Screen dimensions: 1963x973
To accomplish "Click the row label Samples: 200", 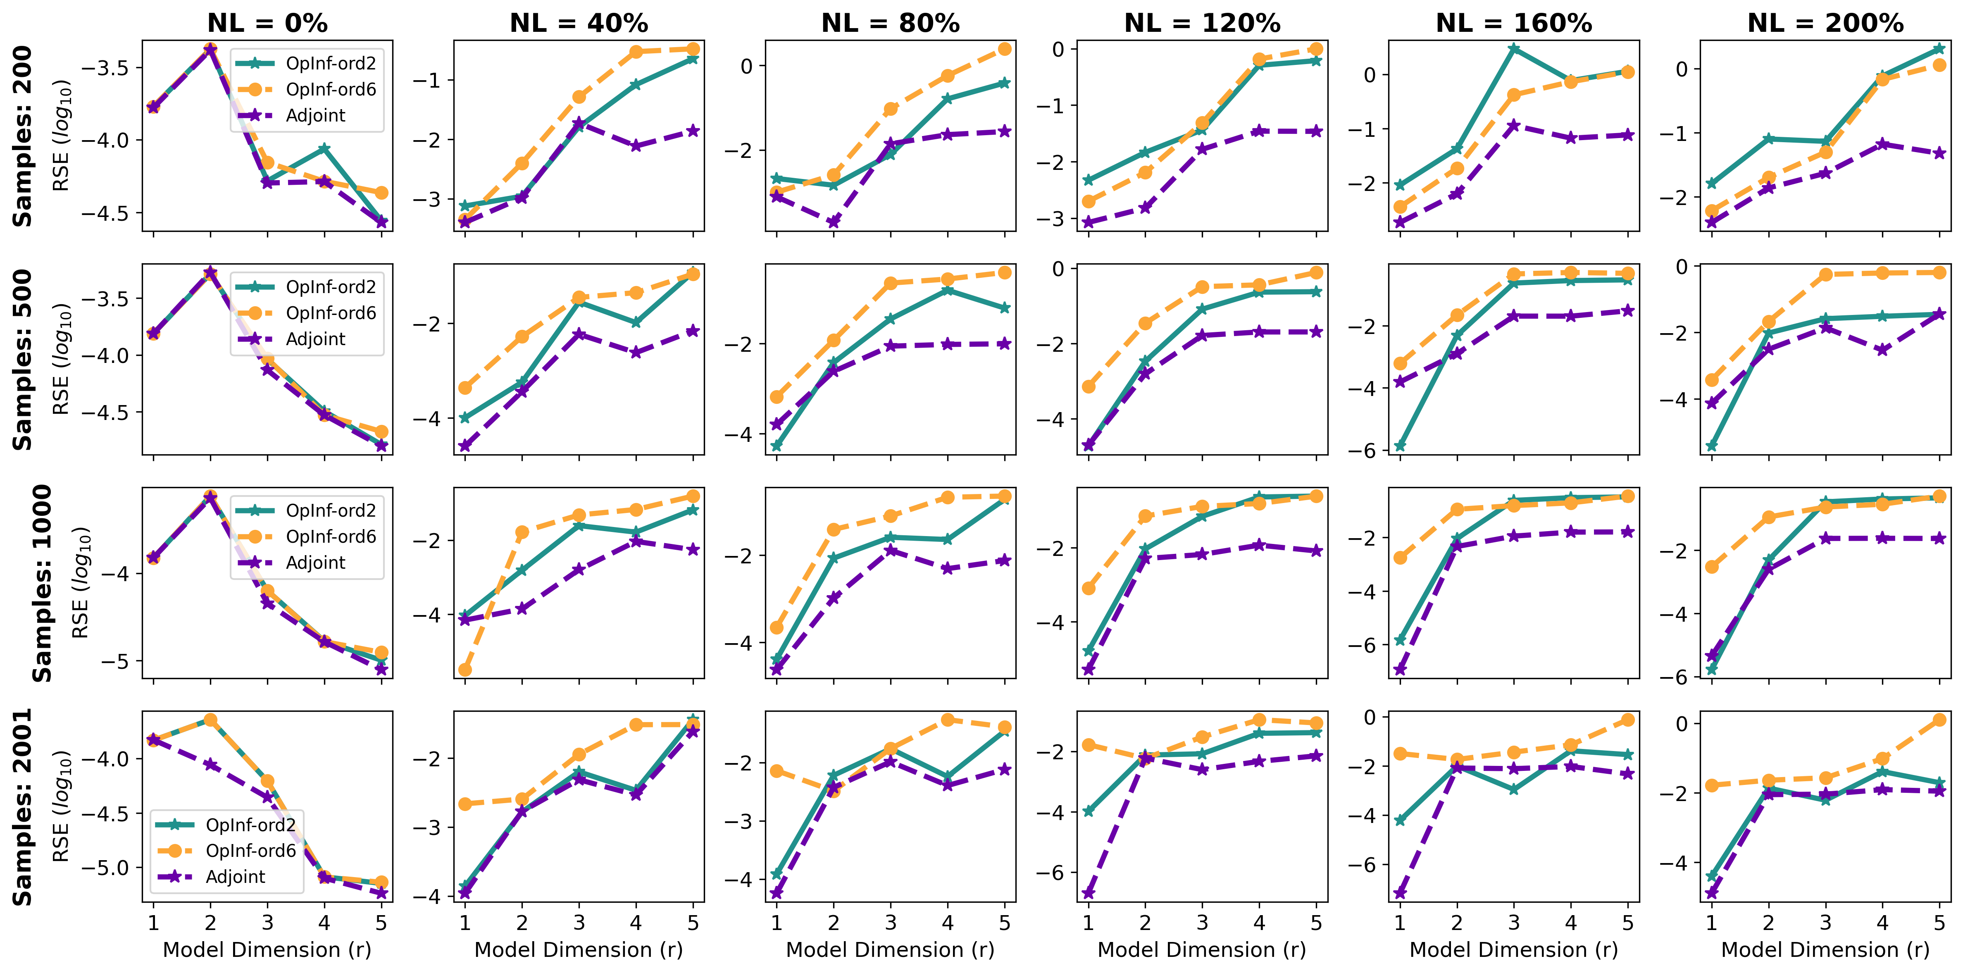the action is pyautogui.click(x=23, y=136).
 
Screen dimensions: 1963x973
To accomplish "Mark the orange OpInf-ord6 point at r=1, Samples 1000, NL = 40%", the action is pyautogui.click(x=465, y=670).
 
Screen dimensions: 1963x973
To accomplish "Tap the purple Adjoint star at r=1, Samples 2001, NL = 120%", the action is pyautogui.click(x=1088, y=893).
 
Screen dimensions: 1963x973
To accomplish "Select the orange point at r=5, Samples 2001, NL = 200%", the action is pyautogui.click(x=1939, y=719).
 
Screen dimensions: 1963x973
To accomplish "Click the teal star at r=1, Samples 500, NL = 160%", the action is pyautogui.click(x=1400, y=446).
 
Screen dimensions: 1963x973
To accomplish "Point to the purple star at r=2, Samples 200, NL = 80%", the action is pyautogui.click(x=834, y=222).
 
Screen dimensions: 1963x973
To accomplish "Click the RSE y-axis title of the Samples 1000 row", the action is pyautogui.click(x=81, y=582).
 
